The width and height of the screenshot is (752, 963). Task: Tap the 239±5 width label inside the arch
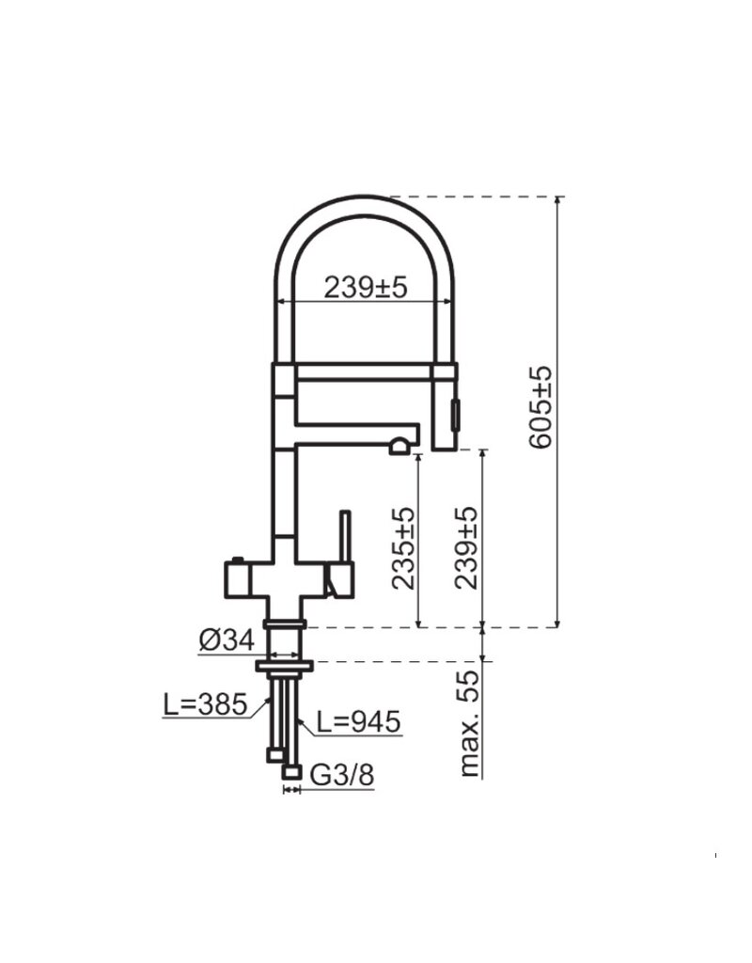click(x=366, y=288)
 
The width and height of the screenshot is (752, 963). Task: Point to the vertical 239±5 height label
click(x=467, y=548)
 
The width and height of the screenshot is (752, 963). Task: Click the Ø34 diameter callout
click(x=227, y=641)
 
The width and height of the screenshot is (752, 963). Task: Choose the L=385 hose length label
click(x=205, y=703)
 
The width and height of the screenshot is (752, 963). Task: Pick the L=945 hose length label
click(x=358, y=722)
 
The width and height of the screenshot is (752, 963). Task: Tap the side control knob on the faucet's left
click(x=235, y=576)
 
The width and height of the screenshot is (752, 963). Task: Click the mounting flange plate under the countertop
click(x=282, y=666)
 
